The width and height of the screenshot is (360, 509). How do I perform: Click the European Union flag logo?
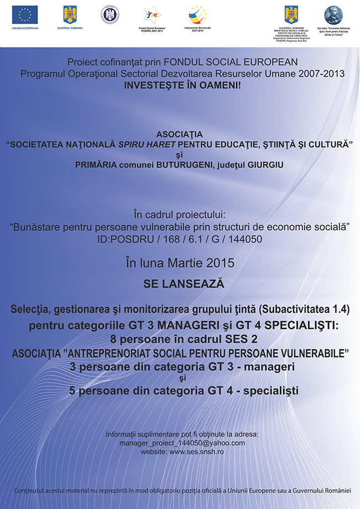[25, 14]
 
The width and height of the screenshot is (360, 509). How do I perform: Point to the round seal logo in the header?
[110, 14]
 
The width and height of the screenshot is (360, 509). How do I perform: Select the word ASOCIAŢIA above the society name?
[180, 134]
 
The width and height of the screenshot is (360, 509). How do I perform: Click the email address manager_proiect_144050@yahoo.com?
[182, 442]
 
